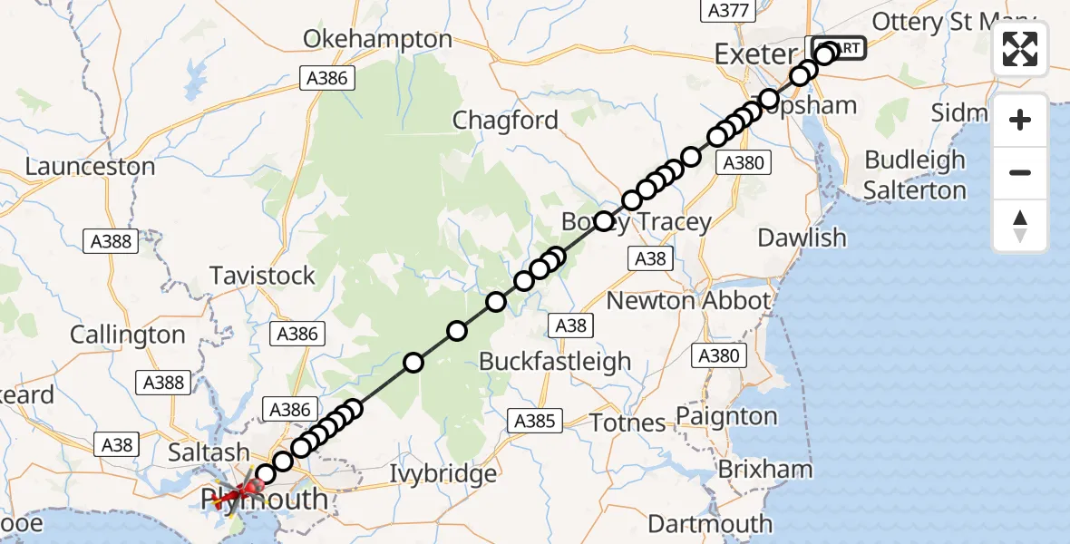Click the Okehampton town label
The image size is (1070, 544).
pyautogui.click(x=377, y=39)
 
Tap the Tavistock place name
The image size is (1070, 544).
pyautogui.click(x=262, y=276)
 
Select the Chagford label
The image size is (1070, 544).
pyautogui.click(x=505, y=120)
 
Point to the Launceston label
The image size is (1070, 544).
pyautogui.click(x=90, y=167)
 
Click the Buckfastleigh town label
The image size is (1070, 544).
pyautogui.click(x=555, y=361)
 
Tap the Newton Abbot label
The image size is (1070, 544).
pyautogui.click(x=688, y=301)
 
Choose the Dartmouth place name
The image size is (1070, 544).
pyautogui.click(x=710, y=523)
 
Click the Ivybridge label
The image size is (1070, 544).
pyautogui.click(x=443, y=473)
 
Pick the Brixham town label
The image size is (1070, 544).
pyautogui.click(x=764, y=470)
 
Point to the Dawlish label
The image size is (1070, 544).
pyautogui.click(x=802, y=238)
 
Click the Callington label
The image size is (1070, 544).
pyautogui.click(x=128, y=335)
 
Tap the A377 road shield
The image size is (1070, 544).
pyautogui.click(x=726, y=10)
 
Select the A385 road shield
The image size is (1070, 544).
pyautogui.click(x=535, y=421)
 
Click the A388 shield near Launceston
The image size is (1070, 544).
pyautogui.click(x=112, y=241)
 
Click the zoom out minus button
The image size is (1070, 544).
pyautogui.click(x=1020, y=172)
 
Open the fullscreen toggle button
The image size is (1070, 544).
pyautogui.click(x=1020, y=49)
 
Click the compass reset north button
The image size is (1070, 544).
pyautogui.click(x=1020, y=225)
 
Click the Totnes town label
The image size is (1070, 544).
pyautogui.click(x=627, y=423)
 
